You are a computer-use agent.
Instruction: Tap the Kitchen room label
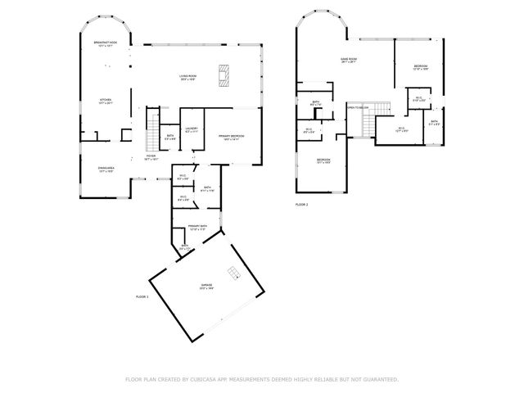tap(106, 100)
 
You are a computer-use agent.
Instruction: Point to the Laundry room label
tap(192, 129)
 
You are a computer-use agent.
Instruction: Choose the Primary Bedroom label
tap(232, 136)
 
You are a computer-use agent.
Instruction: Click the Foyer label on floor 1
tap(151, 157)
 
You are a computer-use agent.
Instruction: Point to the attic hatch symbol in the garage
tap(234, 273)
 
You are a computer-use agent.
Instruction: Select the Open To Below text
tap(358, 107)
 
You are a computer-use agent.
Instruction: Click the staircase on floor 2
tap(366, 126)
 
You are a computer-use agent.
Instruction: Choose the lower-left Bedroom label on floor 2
tap(323, 160)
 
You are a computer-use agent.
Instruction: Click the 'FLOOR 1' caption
tap(142, 296)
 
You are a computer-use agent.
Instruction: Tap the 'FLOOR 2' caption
tap(301, 204)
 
